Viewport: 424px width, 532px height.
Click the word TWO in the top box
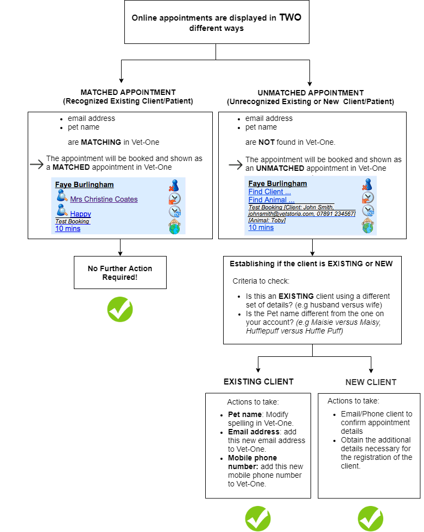290,17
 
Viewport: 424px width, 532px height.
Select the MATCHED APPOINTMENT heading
128,92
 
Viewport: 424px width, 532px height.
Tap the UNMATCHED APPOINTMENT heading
311,93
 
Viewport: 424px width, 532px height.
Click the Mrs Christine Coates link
104,199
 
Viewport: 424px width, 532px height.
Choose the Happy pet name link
80,214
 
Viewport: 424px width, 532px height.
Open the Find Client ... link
269,191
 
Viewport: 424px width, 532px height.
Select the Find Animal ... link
271,200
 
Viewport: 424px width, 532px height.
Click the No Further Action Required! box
120,273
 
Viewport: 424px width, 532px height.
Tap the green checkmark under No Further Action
120,309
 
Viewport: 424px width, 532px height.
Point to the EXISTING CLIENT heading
258,382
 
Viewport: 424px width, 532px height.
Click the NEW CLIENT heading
371,382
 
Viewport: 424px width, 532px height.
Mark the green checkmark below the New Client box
371,518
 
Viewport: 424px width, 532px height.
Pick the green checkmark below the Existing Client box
258,518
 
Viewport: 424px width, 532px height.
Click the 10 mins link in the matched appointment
68,228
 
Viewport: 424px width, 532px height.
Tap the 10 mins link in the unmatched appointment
261,227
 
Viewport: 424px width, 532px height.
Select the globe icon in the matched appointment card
174,227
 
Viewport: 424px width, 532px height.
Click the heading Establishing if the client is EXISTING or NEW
311,264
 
